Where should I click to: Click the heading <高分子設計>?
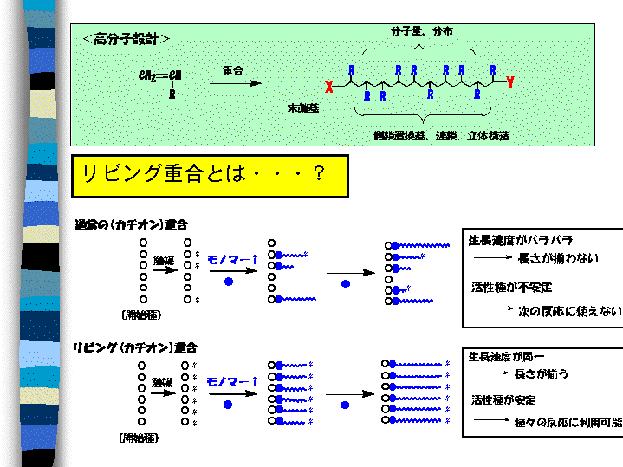tap(127, 39)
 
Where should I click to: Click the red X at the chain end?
tap(328, 87)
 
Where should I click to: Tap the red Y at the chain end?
tap(509, 83)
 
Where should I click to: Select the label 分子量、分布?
tap(421, 31)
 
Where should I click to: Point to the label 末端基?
tap(302, 107)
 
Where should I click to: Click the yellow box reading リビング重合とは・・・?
tap(209, 174)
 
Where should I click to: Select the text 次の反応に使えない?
tap(570, 309)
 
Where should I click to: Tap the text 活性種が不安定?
tap(511, 287)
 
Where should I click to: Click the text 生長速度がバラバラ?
tap(521, 240)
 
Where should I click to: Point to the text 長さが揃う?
tap(542, 373)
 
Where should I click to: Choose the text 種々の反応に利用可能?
tap(569, 422)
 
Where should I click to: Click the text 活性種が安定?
tap(504, 399)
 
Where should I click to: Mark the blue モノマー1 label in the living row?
tap(232, 381)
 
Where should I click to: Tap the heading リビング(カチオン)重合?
tap(135, 347)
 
